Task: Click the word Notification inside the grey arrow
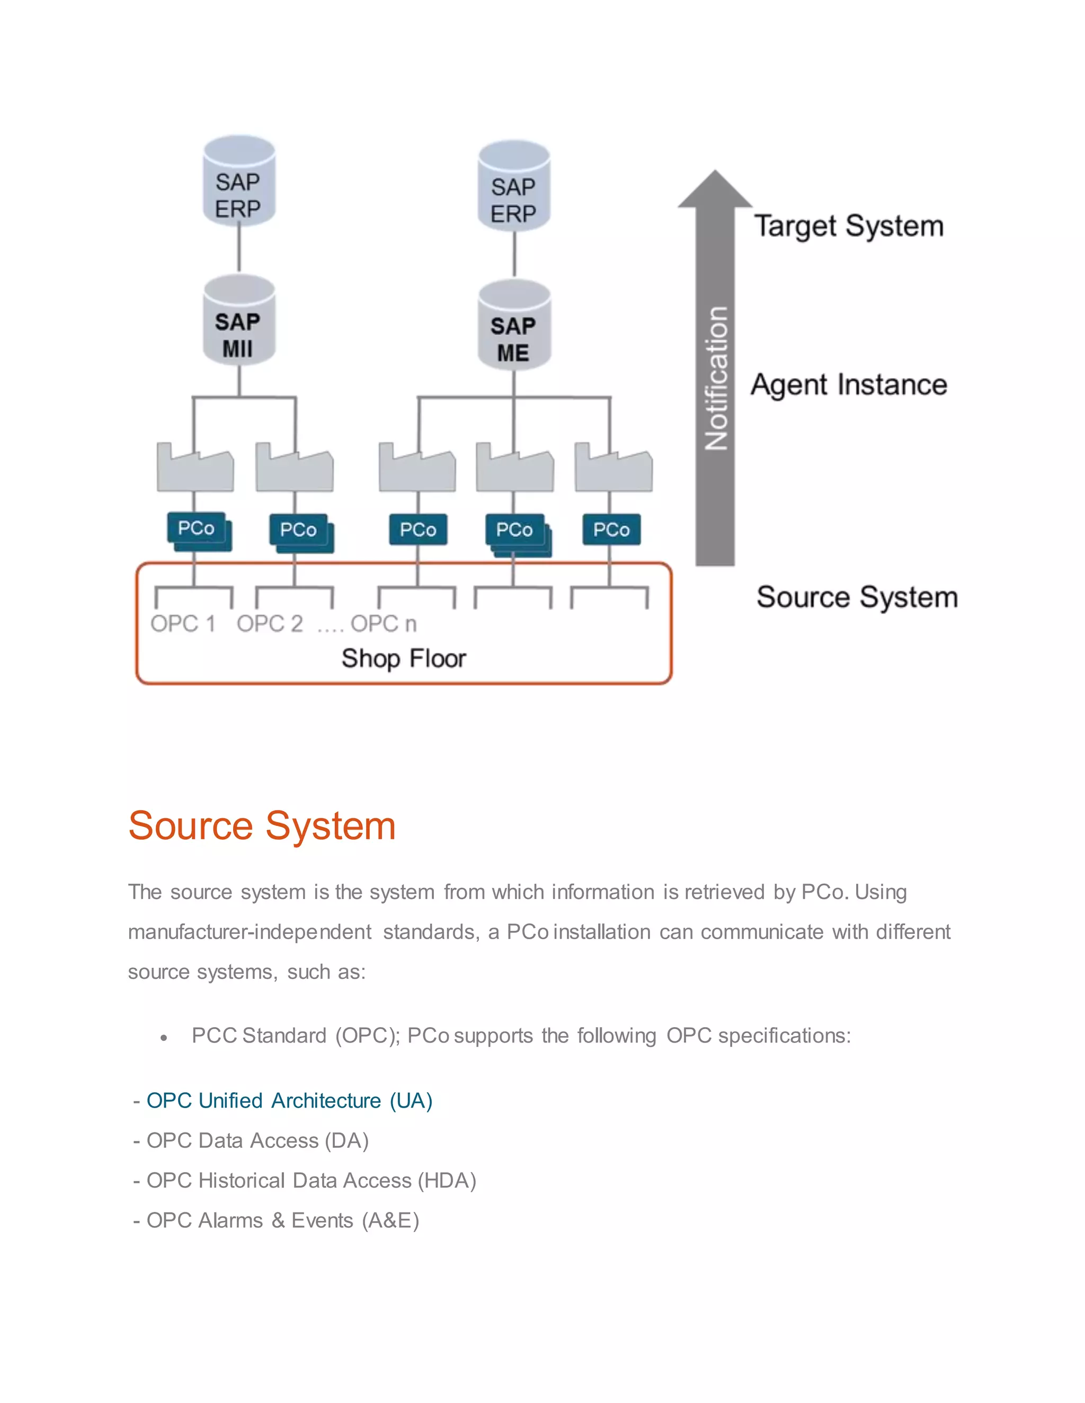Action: click(715, 379)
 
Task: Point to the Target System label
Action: click(849, 226)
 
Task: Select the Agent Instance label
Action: click(849, 385)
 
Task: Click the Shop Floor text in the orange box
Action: click(404, 659)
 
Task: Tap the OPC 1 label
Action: click(183, 624)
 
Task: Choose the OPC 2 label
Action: click(269, 624)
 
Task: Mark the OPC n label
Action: click(384, 624)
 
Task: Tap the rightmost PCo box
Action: click(611, 530)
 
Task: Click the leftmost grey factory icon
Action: click(195, 470)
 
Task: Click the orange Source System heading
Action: click(262, 825)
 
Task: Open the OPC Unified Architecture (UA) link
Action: click(289, 1101)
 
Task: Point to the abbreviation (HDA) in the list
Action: click(447, 1181)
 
